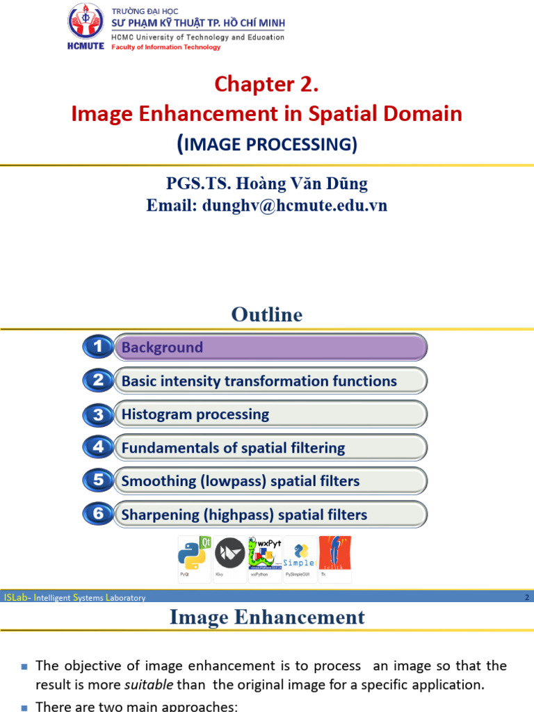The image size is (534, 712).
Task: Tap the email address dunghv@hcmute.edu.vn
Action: tap(266, 205)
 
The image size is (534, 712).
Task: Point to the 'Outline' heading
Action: tap(267, 315)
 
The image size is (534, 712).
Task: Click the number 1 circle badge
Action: tap(98, 346)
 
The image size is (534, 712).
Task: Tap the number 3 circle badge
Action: tap(98, 414)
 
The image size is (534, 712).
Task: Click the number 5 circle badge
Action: tap(98, 481)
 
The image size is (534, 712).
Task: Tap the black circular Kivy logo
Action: tap(229, 554)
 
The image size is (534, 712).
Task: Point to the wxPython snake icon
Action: tap(265, 554)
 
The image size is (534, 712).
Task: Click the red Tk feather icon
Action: tap(334, 554)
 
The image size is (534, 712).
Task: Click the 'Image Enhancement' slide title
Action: tap(267, 617)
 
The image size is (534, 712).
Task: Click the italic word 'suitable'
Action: tap(149, 685)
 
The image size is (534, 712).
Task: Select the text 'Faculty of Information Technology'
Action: tap(166, 47)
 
